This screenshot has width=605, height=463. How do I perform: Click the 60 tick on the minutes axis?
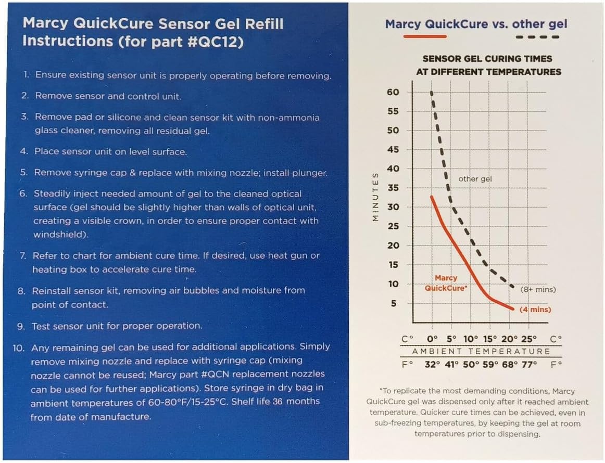pyautogui.click(x=393, y=93)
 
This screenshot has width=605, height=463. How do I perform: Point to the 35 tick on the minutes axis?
pyautogui.click(x=393, y=188)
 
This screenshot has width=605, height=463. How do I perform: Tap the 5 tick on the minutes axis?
pyautogui.click(x=394, y=303)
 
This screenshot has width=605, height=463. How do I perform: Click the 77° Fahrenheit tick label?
pyautogui.click(x=529, y=365)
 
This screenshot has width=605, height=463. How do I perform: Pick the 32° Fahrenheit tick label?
pyautogui.click(x=433, y=365)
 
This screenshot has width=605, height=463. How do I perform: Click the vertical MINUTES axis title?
pyautogui.click(x=375, y=198)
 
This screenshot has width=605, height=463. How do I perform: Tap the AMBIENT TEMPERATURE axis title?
pyautogui.click(x=481, y=352)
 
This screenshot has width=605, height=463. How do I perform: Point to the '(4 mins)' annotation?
pyautogui.click(x=535, y=310)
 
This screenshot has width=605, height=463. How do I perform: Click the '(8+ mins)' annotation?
pyautogui.click(x=538, y=289)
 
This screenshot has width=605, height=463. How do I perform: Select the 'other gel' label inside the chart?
pyautogui.click(x=475, y=179)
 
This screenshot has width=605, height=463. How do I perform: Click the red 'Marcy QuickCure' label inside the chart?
pyautogui.click(x=445, y=283)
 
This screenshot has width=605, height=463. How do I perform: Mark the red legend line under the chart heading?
pyautogui.click(x=425, y=36)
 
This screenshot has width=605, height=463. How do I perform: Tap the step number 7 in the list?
pyautogui.click(x=23, y=256)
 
